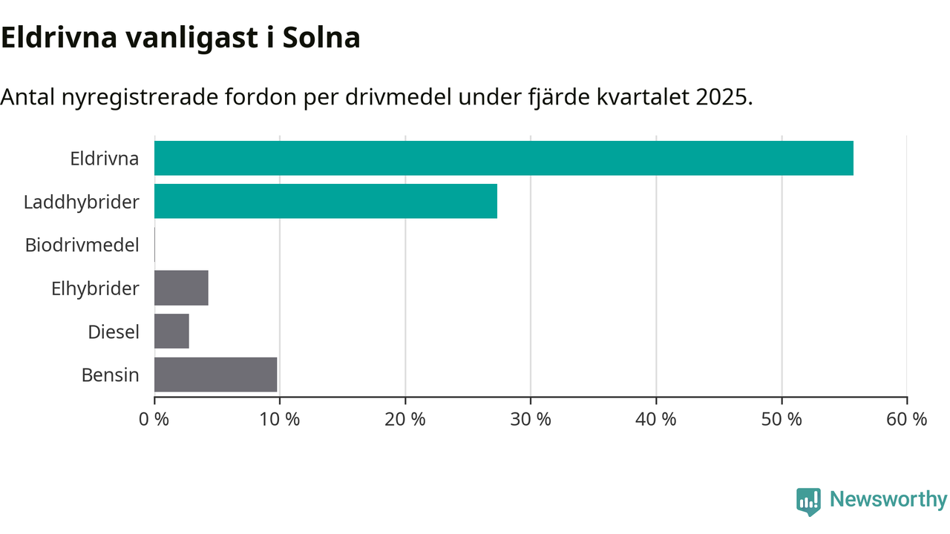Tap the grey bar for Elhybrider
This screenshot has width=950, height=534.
(181, 288)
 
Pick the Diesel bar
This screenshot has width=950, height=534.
(171, 331)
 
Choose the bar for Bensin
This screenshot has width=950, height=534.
(215, 375)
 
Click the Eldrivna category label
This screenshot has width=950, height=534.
(104, 158)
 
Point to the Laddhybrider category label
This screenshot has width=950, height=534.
(81, 201)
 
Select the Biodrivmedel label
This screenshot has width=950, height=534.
(82, 245)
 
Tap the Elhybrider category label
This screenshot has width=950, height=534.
(95, 288)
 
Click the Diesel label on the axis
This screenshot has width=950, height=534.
(114, 332)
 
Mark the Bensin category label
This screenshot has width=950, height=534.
(110, 375)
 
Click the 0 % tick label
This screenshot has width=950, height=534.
(154, 419)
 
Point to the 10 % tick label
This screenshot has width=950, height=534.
(279, 419)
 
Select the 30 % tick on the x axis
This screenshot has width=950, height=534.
(530, 419)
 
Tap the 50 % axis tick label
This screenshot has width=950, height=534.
(781, 419)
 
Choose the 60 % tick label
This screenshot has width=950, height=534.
(906, 419)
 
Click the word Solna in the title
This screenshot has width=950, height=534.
(321, 38)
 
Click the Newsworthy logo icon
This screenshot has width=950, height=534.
(808, 501)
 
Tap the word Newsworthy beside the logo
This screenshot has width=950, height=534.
(888, 500)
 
